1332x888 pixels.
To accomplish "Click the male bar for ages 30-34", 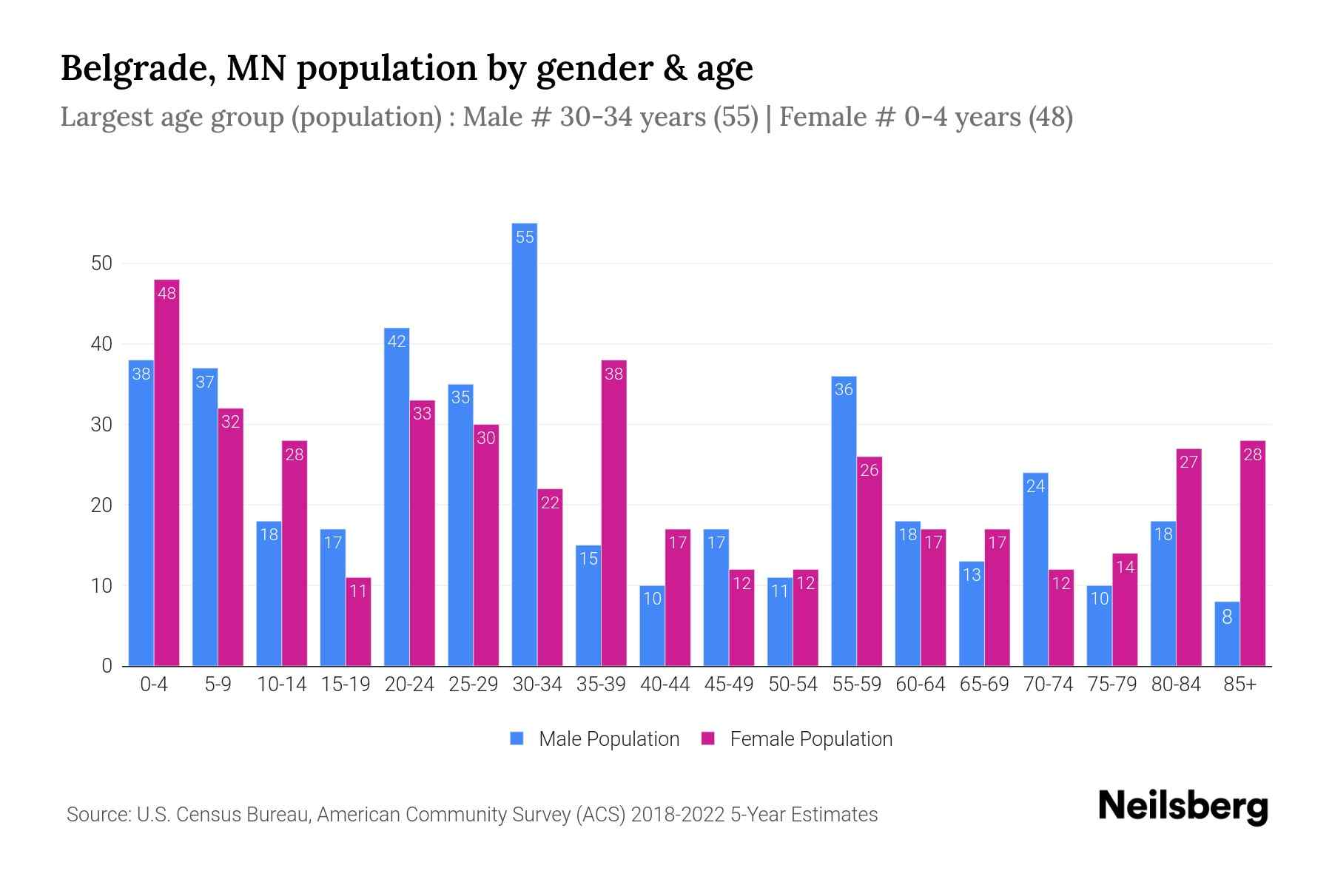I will click(525, 444).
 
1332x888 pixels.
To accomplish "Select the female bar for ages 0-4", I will click(166, 474).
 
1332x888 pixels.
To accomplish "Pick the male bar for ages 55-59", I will click(844, 522).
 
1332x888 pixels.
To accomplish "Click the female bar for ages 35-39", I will click(614, 514).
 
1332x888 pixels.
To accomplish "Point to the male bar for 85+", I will click(1227, 634).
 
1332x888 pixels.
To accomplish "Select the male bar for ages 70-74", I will click(1035, 570).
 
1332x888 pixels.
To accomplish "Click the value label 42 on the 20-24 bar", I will click(397, 342).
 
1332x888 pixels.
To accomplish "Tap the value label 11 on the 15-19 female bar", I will click(358, 591).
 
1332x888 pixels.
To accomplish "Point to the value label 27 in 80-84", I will click(1188, 462).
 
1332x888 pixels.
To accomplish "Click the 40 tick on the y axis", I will click(101, 344).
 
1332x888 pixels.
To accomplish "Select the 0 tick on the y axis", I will click(107, 666).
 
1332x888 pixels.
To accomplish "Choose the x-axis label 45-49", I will click(729, 684).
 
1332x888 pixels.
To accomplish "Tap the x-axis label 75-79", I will click(1112, 684).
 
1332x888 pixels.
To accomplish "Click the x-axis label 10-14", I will click(282, 684).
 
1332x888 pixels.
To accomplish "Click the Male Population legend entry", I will click(595, 739).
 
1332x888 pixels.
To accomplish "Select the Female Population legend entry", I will click(797, 739).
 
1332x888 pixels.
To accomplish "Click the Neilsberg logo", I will click(1183, 807).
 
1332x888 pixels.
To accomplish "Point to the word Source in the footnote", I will click(98, 815).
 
